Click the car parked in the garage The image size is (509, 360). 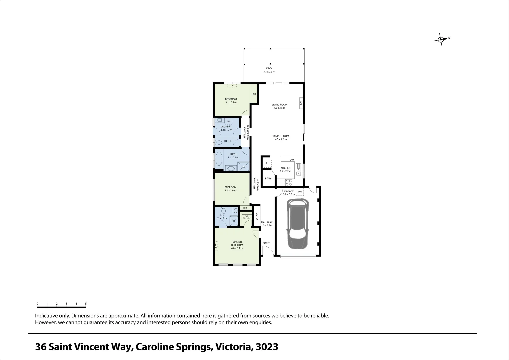click(x=298, y=223)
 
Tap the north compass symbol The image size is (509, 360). click(x=441, y=40)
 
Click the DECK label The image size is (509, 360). click(x=269, y=68)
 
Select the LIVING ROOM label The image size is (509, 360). click(x=279, y=105)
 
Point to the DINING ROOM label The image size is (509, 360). click(x=281, y=136)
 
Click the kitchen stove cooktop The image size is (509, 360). click(x=289, y=183)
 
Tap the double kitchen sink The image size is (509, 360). click(x=299, y=170)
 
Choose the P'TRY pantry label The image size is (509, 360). click(x=268, y=179)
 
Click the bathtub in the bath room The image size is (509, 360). click(x=219, y=160)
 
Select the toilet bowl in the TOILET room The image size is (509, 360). click(x=219, y=142)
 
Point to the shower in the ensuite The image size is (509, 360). click(x=234, y=220)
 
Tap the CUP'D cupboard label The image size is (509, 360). click(x=257, y=216)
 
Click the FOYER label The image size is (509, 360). click(x=266, y=243)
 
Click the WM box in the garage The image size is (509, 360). click(x=299, y=192)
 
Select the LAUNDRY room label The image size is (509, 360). click(x=226, y=127)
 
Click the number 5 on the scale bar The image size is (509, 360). click(x=86, y=304)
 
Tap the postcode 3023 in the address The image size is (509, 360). click(x=267, y=347)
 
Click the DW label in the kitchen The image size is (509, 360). click(x=292, y=160)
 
